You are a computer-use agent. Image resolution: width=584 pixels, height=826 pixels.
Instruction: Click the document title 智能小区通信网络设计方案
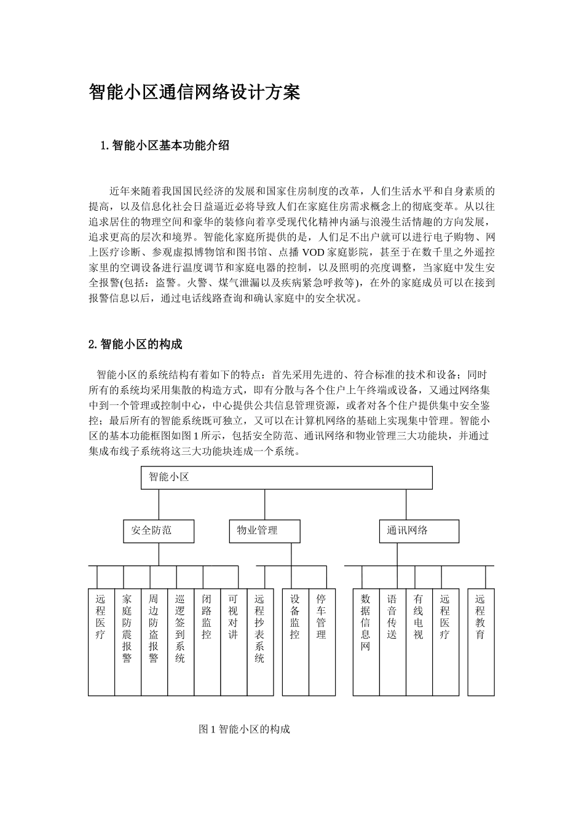194,93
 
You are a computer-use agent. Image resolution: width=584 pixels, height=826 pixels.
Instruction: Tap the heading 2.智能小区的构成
135,344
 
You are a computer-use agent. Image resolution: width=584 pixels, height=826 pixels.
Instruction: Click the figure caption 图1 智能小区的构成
244,730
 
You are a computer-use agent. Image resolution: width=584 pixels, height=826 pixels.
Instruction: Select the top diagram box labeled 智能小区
286,478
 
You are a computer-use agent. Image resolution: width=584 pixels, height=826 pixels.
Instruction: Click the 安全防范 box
159,531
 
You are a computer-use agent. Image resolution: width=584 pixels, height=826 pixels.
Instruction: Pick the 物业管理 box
264,531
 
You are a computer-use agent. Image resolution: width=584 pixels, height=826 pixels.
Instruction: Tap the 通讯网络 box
419,531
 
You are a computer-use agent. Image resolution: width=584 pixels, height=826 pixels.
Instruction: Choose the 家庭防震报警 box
128,642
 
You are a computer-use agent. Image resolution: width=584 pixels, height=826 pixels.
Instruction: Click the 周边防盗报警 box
154,642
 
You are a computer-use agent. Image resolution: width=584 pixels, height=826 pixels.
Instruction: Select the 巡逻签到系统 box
181,642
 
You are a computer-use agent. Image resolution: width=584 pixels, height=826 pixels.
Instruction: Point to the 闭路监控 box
207,642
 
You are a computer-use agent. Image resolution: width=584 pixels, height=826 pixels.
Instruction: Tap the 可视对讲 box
234,642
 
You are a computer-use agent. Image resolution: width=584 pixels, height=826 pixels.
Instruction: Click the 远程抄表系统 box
260,642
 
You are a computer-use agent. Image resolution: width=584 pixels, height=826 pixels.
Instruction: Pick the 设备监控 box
296,642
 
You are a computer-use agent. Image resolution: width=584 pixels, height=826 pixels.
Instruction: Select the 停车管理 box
322,642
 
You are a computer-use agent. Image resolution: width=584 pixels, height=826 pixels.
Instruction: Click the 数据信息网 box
366,642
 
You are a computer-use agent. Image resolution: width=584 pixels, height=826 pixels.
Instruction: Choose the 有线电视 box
419,642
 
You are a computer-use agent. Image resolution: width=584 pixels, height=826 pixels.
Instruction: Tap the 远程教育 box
481,642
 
